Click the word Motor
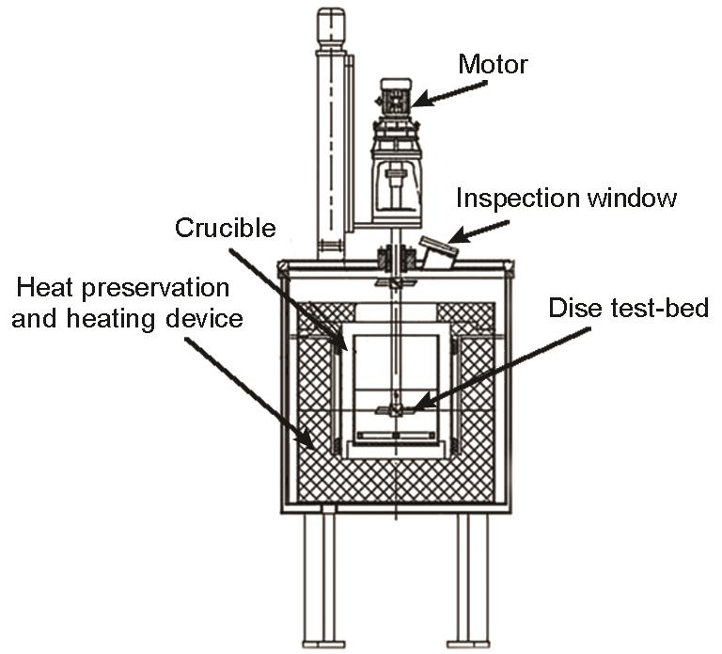point(493,64)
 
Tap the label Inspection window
point(567,199)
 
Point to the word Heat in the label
point(47,285)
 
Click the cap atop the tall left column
point(330,26)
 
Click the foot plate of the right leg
point(467,644)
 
